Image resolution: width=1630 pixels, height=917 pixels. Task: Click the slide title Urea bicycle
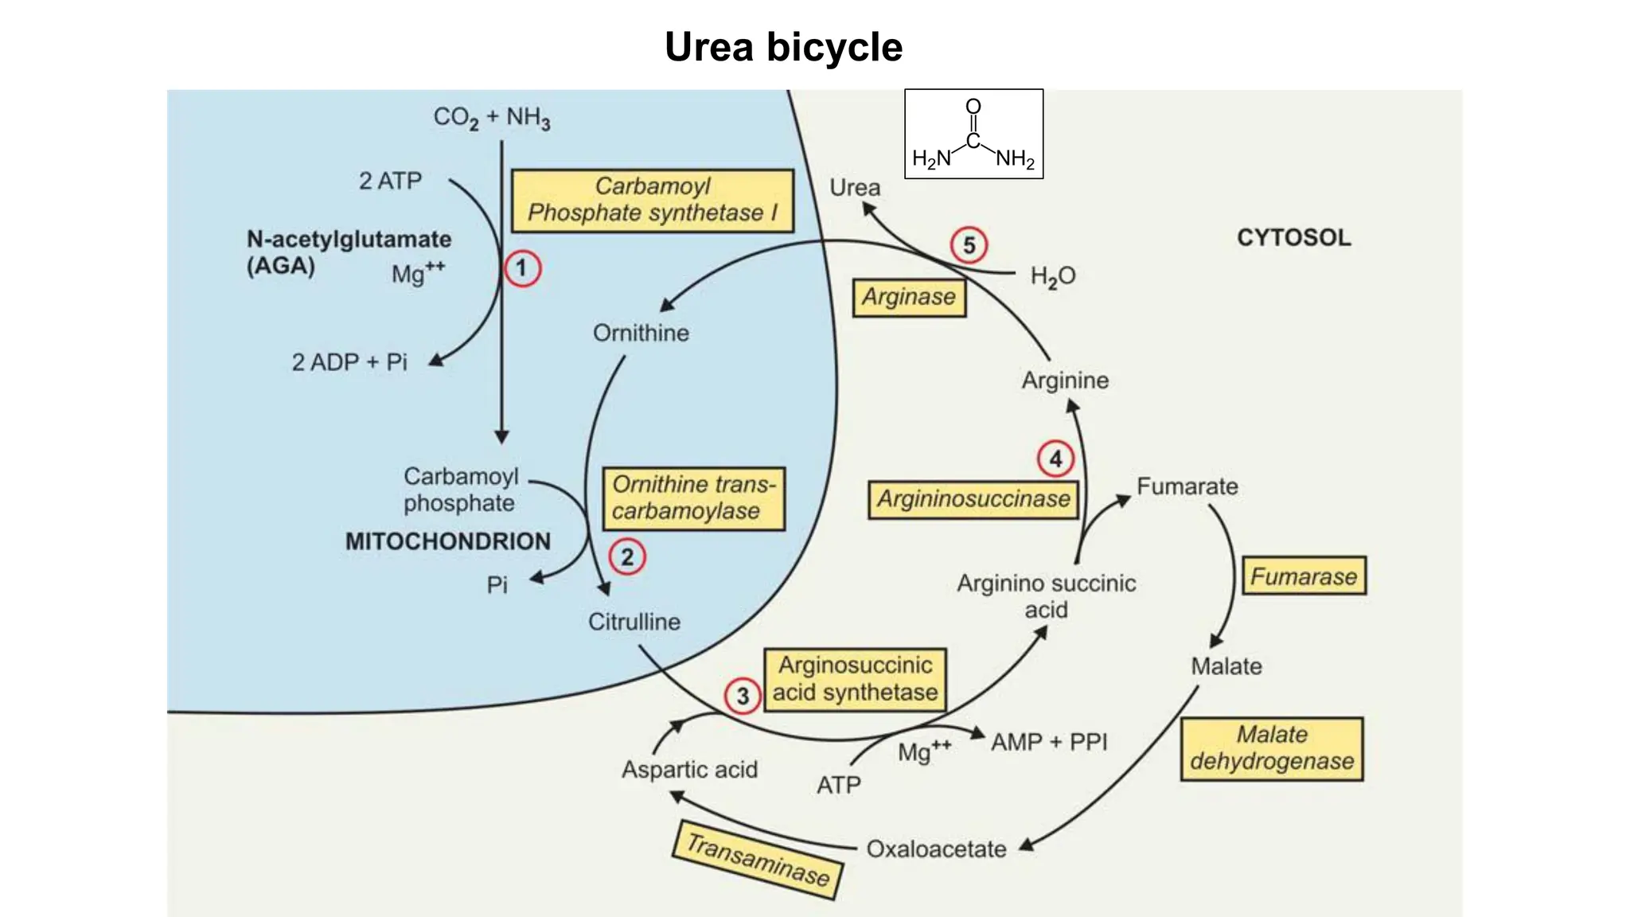tap(783, 47)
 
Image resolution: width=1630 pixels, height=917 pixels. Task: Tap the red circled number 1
tap(522, 268)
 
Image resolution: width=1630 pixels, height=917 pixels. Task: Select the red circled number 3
tap(742, 696)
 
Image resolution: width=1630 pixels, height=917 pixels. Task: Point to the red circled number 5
tap(969, 245)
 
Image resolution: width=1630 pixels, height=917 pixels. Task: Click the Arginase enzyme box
tap(909, 297)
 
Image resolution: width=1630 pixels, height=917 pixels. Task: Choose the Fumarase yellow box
tap(1304, 576)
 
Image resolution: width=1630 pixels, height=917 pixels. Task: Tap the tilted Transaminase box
tap(758, 860)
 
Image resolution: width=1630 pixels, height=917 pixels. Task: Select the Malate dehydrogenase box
tap(1271, 748)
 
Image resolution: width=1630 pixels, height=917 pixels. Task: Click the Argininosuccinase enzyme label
tap(973, 499)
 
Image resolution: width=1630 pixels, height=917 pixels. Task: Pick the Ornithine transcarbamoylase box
tap(693, 498)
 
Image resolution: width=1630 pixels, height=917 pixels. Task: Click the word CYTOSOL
tap(1293, 237)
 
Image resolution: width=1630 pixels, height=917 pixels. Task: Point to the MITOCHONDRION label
tap(447, 541)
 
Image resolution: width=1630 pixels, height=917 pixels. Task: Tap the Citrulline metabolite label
tap(634, 622)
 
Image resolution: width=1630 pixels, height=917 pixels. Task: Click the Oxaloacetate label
tap(936, 849)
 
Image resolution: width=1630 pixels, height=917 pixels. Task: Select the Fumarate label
tap(1187, 486)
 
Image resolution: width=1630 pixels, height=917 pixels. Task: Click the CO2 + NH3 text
tap(491, 118)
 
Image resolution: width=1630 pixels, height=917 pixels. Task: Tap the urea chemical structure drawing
tap(973, 134)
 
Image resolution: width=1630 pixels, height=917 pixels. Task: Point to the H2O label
tap(1052, 276)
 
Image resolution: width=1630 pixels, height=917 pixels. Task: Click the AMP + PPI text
tap(1048, 742)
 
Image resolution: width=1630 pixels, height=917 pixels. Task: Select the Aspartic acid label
tap(689, 770)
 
